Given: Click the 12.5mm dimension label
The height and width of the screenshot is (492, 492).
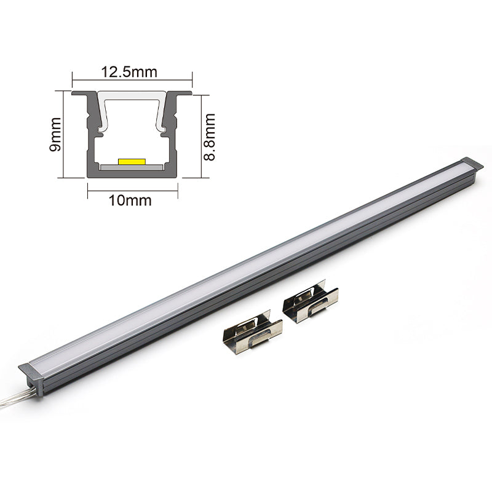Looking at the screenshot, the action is tap(129, 72).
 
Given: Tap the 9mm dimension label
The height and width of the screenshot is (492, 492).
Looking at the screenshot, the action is tap(55, 134).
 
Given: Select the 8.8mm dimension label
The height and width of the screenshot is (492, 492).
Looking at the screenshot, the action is tap(209, 137).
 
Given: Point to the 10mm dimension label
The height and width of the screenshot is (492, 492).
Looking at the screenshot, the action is tap(130, 200).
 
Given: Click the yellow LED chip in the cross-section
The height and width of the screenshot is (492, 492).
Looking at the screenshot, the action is tap(132, 161).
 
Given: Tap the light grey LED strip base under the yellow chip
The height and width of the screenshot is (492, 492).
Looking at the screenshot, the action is tap(132, 167).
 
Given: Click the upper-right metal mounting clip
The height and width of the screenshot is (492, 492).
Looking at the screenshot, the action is tap(310, 301).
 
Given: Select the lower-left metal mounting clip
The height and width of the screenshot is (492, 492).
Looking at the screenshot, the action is tap(252, 331).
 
